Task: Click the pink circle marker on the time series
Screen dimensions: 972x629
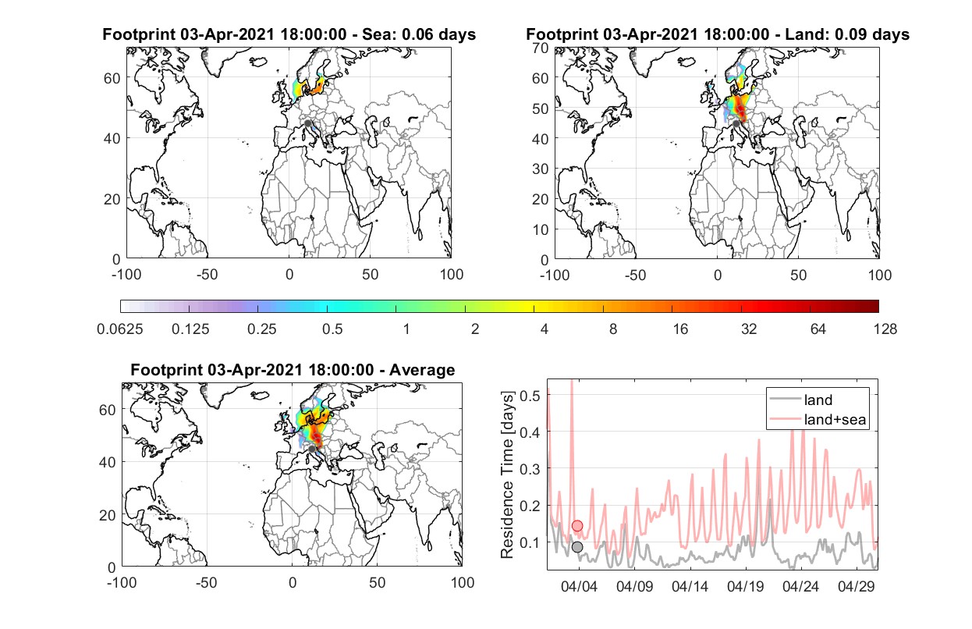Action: point(577,526)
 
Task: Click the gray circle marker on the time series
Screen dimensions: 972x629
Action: point(577,547)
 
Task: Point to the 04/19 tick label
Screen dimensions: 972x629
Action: point(745,586)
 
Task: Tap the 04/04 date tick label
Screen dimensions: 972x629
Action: point(579,586)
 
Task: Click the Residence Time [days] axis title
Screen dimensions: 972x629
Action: point(507,475)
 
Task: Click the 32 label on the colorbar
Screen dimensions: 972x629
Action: point(749,329)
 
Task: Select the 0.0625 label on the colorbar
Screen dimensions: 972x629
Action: point(120,329)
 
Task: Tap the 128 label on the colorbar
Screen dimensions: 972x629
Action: point(885,329)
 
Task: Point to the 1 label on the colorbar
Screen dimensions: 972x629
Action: point(406,329)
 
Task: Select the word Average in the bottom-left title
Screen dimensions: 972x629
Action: point(422,370)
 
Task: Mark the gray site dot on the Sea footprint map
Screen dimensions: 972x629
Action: point(307,123)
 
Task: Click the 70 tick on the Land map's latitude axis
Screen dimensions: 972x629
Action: point(541,48)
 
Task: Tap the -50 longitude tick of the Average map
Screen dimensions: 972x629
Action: point(206,582)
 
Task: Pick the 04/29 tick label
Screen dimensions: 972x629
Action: point(856,586)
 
